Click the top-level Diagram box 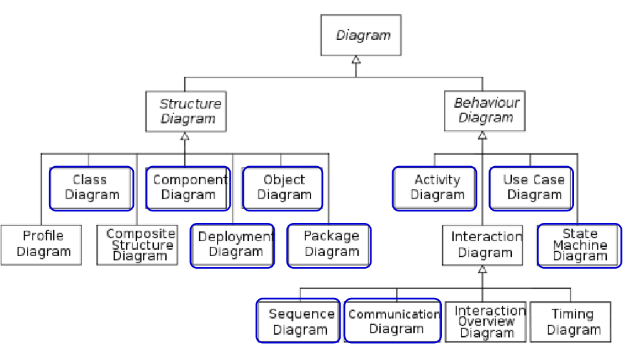pyautogui.click(x=361, y=36)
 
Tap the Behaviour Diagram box pyautogui.click(x=484, y=111)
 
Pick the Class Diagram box pyautogui.click(x=92, y=188)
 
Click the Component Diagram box pyautogui.click(x=188, y=188)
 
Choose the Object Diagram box pyautogui.click(x=282, y=188)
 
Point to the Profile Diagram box pyautogui.click(x=41, y=244)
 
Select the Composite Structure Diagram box pyautogui.click(x=138, y=244)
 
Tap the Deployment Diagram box pyautogui.click(x=233, y=245)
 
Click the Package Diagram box pyautogui.click(x=329, y=245)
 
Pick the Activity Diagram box pyautogui.click(x=435, y=188)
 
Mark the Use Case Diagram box pyautogui.click(x=531, y=188)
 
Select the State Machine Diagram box pyautogui.click(x=579, y=245)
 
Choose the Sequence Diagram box pyautogui.click(x=299, y=321)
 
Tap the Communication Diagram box pyautogui.click(x=394, y=321)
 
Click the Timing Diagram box pyautogui.click(x=570, y=321)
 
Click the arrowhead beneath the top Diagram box pyautogui.click(x=355, y=59)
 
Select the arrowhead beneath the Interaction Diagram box pyautogui.click(x=482, y=270)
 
